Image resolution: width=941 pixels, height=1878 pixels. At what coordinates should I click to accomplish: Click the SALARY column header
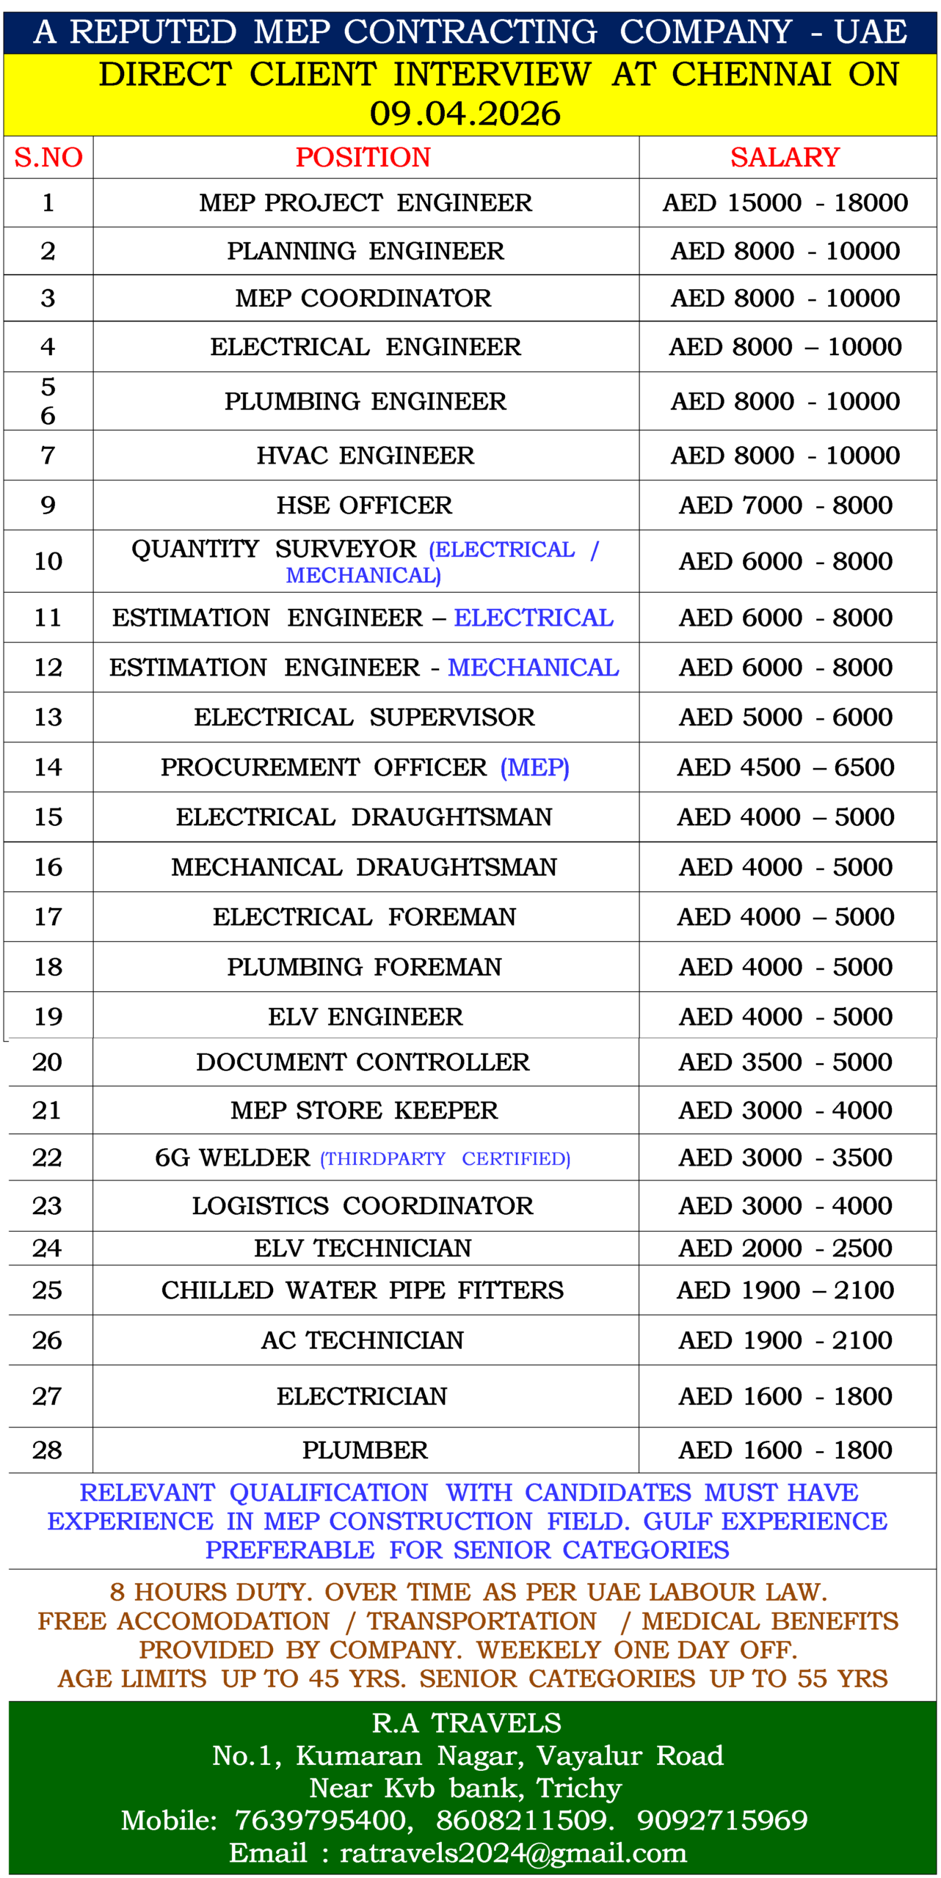785,157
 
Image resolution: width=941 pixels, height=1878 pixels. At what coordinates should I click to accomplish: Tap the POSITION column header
363,157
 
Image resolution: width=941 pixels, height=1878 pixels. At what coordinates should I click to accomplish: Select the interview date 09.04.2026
465,114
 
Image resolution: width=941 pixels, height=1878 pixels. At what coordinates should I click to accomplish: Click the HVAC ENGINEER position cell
365,456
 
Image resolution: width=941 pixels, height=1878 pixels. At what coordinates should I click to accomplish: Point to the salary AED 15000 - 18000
785,202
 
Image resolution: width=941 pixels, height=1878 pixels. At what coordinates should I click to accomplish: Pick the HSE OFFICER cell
364,505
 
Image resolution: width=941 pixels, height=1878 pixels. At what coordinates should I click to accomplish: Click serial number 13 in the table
48,717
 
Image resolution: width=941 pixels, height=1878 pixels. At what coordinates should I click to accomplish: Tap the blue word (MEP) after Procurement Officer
534,767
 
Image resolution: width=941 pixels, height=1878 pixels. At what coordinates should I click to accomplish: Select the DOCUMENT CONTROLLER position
363,1062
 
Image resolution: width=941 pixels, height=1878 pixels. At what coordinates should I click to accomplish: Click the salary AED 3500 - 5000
785,1062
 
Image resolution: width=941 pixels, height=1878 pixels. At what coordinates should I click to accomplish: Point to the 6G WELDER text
233,1158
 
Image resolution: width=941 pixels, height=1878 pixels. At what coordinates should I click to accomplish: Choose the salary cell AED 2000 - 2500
785,1248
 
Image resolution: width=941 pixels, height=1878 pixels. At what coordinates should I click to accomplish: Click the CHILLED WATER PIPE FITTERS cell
363,1290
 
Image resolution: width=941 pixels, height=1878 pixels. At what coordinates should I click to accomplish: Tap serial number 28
48,1450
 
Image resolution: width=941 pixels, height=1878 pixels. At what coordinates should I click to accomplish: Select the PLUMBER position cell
365,1450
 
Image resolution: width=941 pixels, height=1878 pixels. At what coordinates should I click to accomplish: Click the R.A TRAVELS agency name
467,1723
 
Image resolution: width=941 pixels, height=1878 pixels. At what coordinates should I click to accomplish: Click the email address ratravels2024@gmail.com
513,1853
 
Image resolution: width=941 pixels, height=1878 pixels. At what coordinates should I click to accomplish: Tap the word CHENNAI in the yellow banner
751,74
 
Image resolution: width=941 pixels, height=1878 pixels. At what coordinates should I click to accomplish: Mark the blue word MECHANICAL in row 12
534,668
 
